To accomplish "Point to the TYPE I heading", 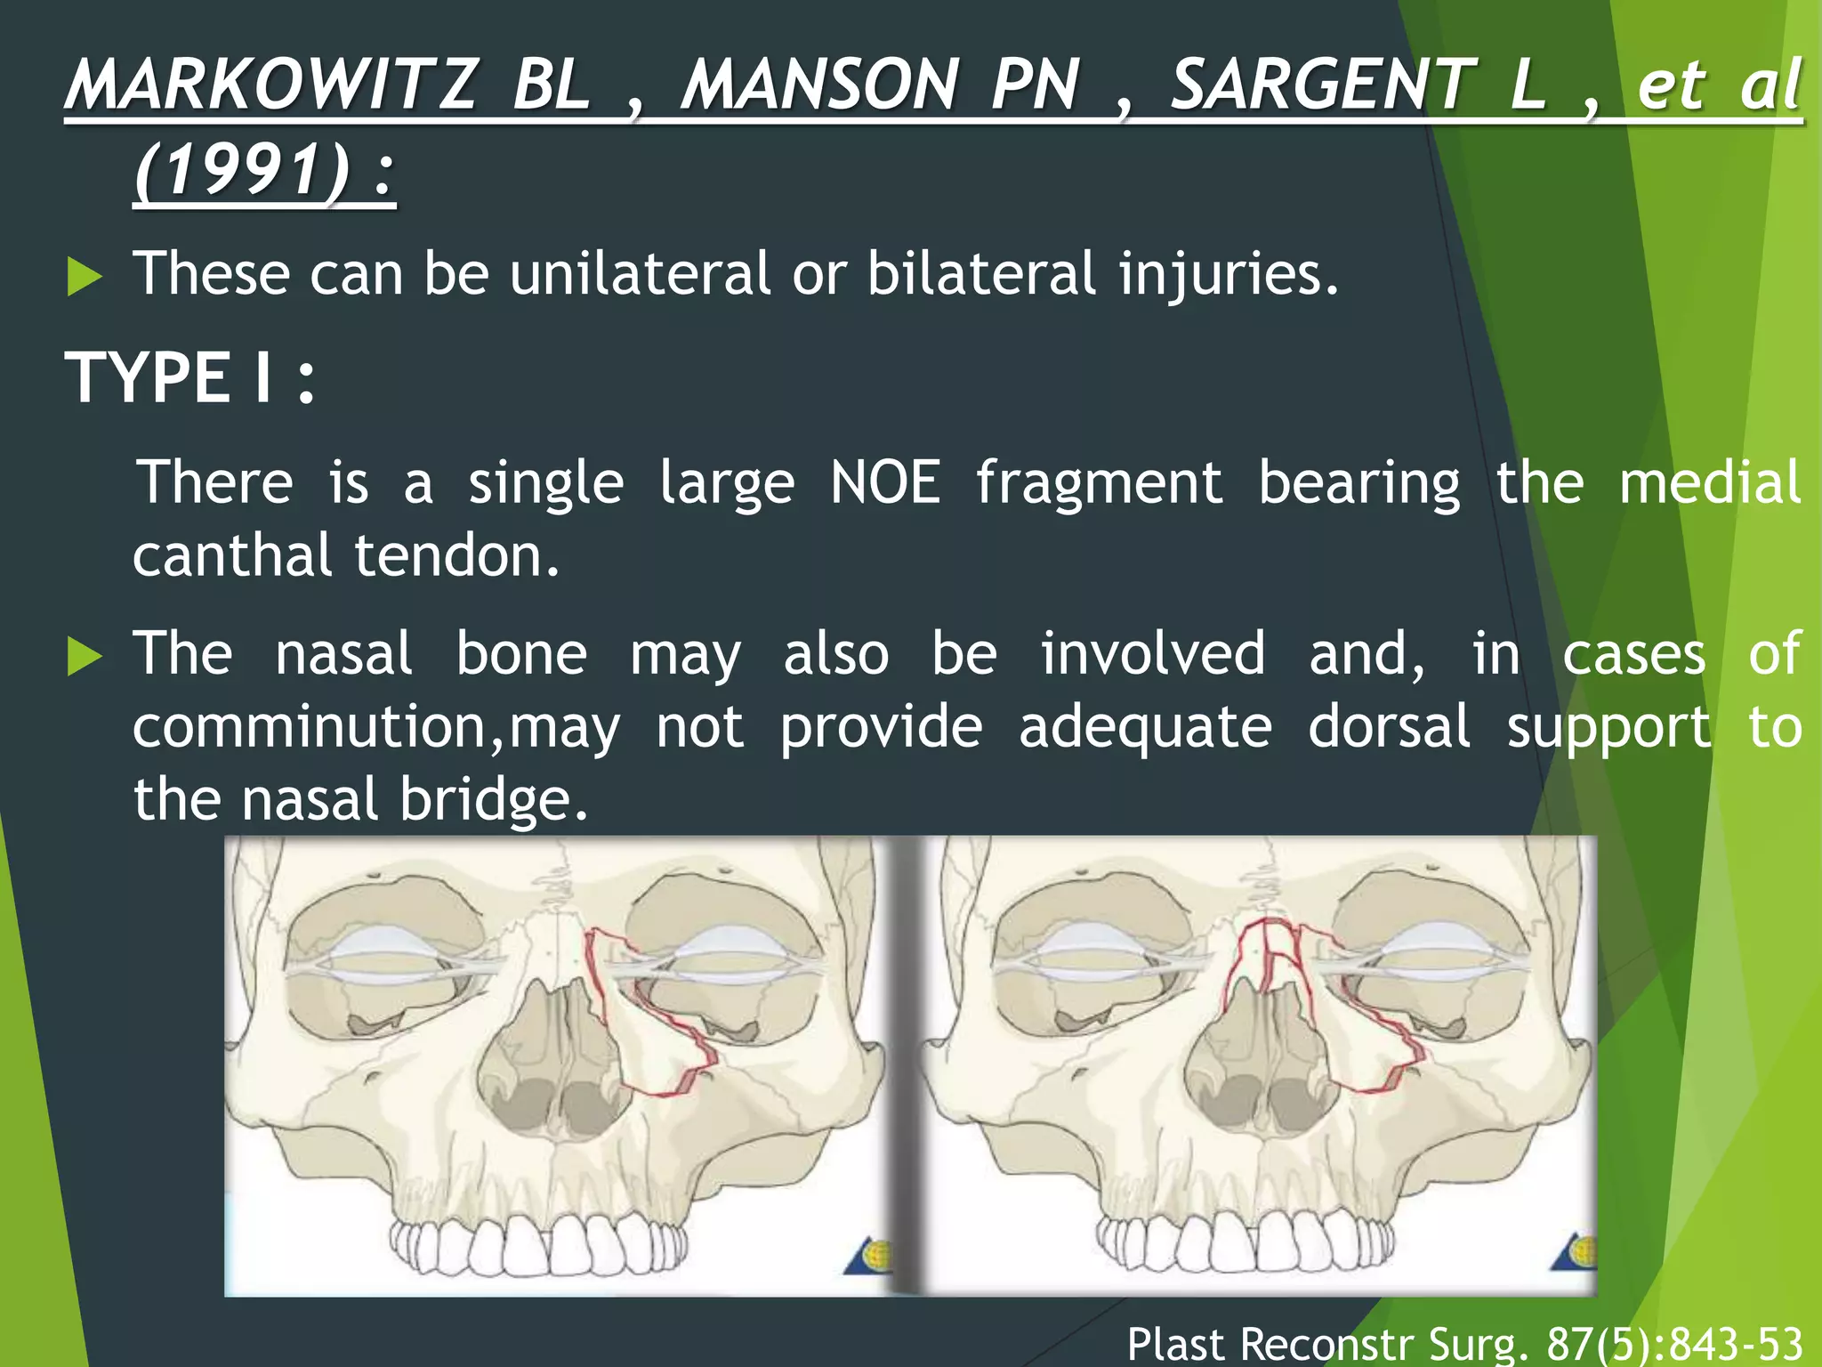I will tap(189, 377).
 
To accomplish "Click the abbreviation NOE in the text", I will tap(884, 482).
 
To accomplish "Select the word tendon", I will tap(456, 555).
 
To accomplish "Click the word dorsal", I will tap(1389, 727).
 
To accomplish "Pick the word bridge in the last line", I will tap(493, 798).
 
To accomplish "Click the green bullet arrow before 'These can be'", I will tap(85, 277).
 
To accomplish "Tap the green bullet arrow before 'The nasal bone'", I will tap(85, 658).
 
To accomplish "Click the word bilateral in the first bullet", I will tap(980, 273).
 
